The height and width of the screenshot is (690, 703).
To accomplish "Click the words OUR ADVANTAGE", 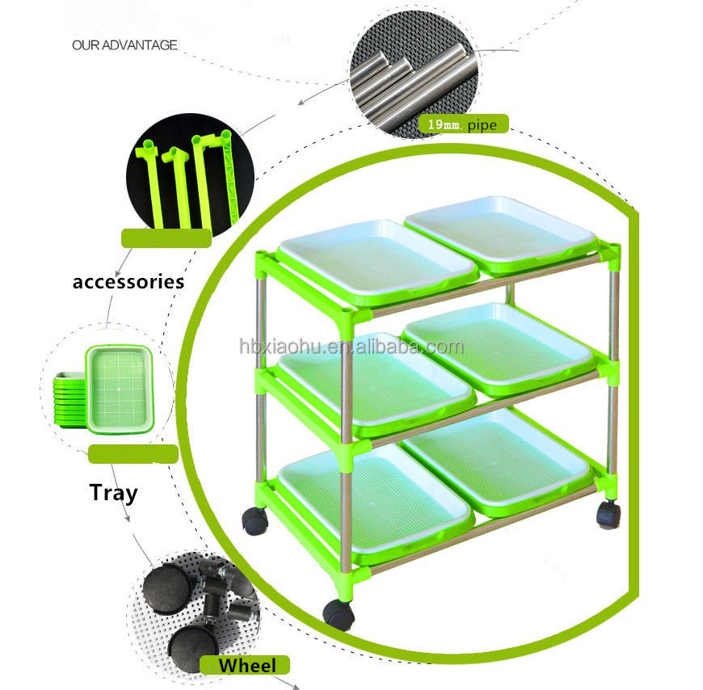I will [x=124, y=45].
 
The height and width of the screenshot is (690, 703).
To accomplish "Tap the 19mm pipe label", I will [x=463, y=124].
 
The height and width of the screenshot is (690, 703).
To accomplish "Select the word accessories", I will [x=128, y=282].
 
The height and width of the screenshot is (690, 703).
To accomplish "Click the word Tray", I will [x=113, y=492].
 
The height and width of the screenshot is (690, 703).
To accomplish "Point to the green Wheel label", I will [x=246, y=666].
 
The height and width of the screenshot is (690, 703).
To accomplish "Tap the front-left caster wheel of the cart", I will [x=339, y=614].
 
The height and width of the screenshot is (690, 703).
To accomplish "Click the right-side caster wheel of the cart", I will [x=608, y=514].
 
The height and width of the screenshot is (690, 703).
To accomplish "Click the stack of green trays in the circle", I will [x=105, y=387].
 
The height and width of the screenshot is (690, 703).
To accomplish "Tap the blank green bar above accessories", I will [x=166, y=238].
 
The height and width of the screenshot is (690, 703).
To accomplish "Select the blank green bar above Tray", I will [x=133, y=454].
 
